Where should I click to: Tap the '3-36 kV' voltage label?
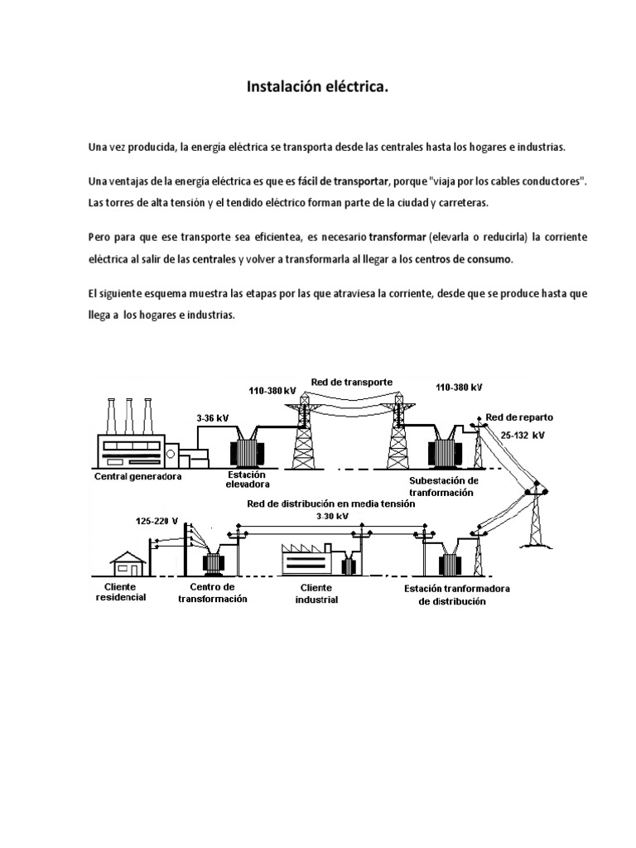tap(212, 419)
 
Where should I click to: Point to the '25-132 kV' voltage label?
tap(523, 434)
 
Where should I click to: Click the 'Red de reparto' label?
tap(519, 417)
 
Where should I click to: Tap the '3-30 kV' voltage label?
tap(332, 515)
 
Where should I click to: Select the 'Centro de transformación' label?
tap(213, 592)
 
